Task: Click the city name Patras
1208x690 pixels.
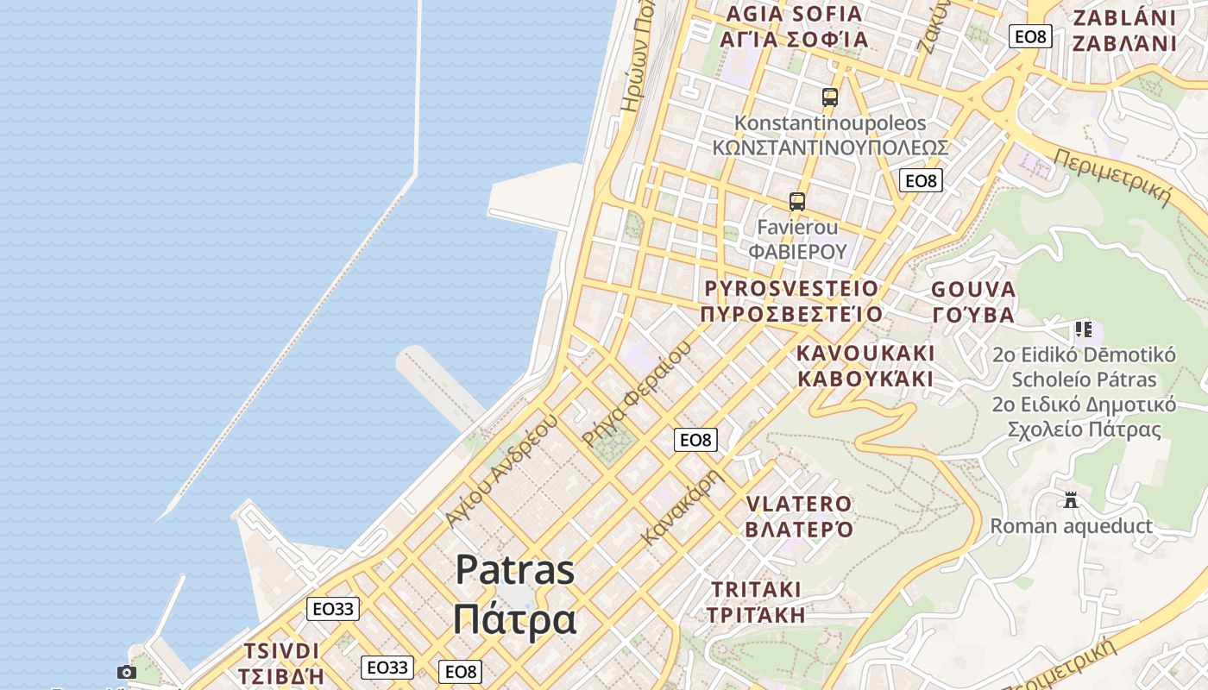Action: pos(514,569)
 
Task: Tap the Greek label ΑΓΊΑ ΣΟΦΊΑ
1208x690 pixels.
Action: pos(794,39)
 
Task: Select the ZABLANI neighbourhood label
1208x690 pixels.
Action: pos(1124,17)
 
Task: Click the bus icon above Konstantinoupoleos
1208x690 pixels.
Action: pos(830,97)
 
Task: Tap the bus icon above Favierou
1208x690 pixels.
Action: pos(797,202)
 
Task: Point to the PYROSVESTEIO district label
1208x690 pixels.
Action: pos(791,288)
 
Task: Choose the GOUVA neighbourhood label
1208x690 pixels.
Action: pos(973,289)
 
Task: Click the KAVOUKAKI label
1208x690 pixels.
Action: pos(865,354)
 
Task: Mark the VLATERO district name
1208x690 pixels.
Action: pos(799,504)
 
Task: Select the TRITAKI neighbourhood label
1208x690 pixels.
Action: pos(756,589)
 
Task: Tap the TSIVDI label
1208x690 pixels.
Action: pos(282,650)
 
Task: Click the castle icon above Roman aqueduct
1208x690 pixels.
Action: pos(1071,499)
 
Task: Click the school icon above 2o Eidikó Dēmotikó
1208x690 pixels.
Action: pos(1084,329)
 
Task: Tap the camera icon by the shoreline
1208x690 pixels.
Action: pos(127,672)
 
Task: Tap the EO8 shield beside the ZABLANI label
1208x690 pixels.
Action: pos(1030,36)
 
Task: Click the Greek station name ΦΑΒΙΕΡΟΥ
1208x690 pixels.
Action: pos(797,251)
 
